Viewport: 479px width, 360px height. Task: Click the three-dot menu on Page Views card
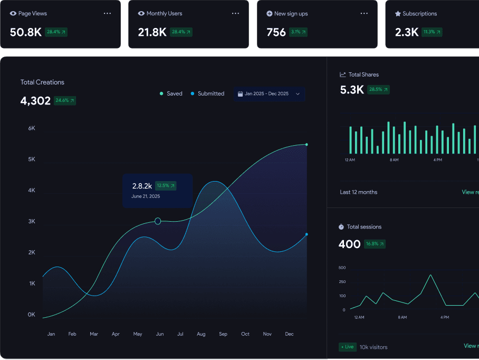(x=108, y=13)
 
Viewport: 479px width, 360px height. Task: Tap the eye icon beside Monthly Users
(x=141, y=13)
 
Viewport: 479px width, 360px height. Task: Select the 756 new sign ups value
(x=276, y=32)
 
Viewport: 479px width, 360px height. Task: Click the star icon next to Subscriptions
(x=398, y=14)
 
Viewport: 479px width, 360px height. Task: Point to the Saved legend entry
(x=171, y=93)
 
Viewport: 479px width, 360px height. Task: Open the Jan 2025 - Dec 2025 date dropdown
(x=269, y=94)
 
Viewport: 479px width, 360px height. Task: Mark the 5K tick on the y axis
(x=32, y=159)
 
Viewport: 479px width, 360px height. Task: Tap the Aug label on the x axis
(x=201, y=334)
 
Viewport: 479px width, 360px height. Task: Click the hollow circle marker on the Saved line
(x=158, y=221)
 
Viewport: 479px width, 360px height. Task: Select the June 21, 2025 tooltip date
(x=146, y=196)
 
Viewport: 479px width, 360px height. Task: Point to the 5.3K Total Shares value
(x=352, y=90)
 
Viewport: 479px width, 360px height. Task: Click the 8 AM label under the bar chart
(x=394, y=159)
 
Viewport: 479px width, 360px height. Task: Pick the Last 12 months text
(x=359, y=192)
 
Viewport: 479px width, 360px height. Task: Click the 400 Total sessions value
(x=349, y=244)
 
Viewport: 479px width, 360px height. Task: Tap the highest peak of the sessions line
(x=430, y=275)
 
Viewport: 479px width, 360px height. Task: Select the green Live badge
(x=347, y=347)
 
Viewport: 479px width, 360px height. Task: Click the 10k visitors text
(x=373, y=347)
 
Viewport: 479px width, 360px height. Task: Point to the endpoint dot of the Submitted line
(x=306, y=234)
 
